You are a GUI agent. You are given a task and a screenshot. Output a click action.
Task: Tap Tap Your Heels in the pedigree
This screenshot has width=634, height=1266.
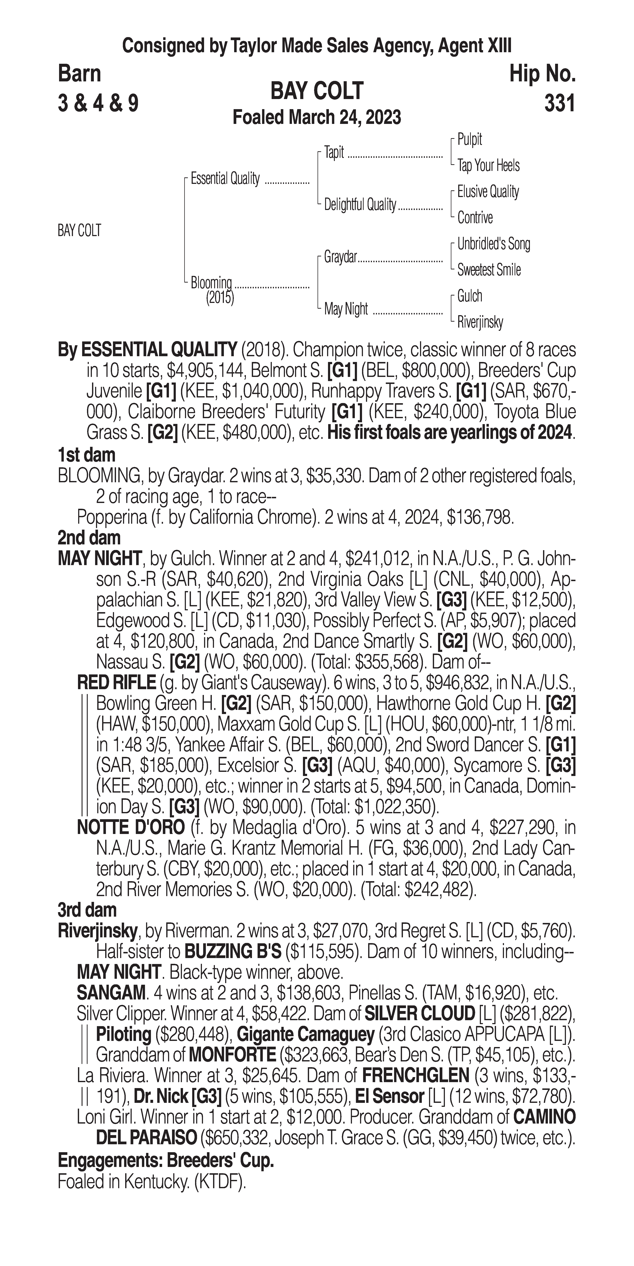click(x=488, y=166)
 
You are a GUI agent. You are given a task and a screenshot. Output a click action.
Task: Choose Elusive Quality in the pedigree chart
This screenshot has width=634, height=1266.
click(x=488, y=192)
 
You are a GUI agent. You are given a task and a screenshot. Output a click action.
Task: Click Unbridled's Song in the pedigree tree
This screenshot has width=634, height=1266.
click(x=494, y=244)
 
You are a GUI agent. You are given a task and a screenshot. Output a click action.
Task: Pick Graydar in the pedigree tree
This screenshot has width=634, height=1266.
click(x=340, y=257)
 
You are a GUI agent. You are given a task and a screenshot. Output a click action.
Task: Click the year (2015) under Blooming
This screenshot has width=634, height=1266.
click(x=220, y=298)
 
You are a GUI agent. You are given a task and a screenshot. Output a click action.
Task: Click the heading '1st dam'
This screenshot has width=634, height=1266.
click(x=86, y=455)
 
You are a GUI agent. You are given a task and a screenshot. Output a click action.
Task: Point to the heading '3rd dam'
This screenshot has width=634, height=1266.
click(x=87, y=910)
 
